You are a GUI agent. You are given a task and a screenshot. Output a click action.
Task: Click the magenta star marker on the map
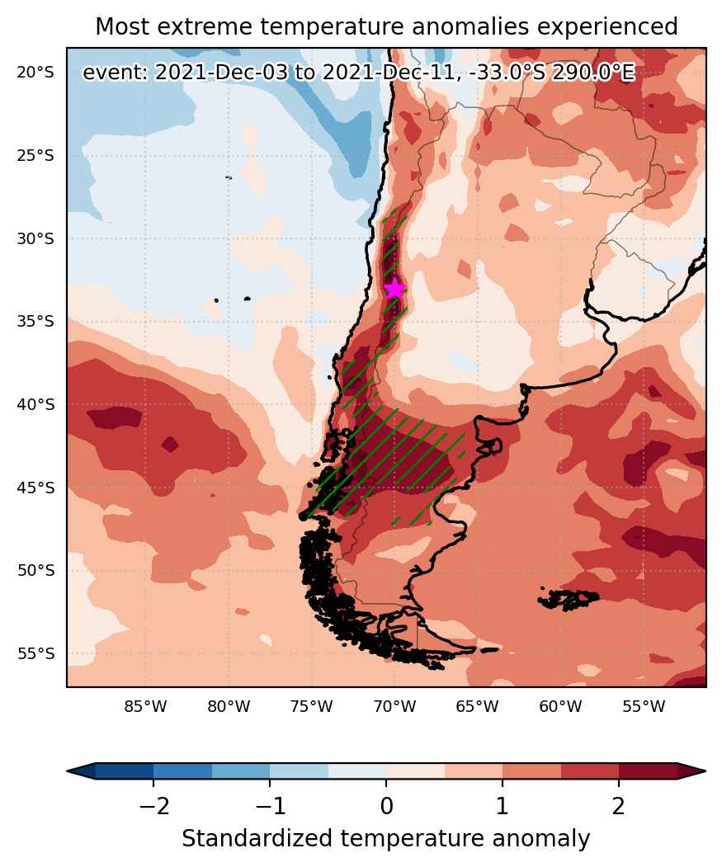point(394,288)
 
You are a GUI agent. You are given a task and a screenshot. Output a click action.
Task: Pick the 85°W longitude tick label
point(145,706)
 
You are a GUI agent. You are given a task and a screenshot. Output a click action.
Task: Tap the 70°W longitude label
point(394,706)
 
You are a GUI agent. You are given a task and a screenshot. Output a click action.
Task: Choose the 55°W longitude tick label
point(644,706)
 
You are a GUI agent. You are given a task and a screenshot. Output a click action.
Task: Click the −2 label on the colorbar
point(153,806)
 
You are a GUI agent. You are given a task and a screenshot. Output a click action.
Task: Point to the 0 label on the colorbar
point(386,806)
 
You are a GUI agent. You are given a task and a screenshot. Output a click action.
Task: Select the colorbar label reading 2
point(619,806)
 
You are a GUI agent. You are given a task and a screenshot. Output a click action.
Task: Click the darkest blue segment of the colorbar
point(125,770)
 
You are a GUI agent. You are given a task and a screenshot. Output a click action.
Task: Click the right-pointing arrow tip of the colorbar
point(705,770)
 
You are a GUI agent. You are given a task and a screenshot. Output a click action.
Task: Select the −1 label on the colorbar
point(270,806)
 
